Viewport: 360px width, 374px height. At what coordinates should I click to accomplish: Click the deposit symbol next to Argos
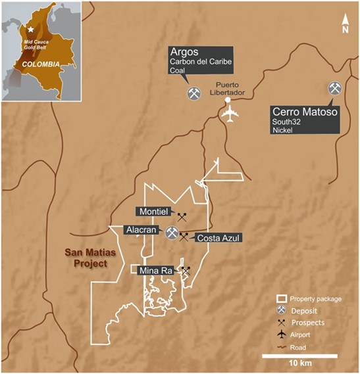(193, 93)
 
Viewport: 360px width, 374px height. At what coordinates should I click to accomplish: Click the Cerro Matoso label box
(307, 118)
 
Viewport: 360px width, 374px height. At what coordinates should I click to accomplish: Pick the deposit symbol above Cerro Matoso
(335, 89)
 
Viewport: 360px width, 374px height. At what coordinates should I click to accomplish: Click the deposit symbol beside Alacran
(172, 233)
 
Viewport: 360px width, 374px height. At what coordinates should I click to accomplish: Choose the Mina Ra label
(155, 269)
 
